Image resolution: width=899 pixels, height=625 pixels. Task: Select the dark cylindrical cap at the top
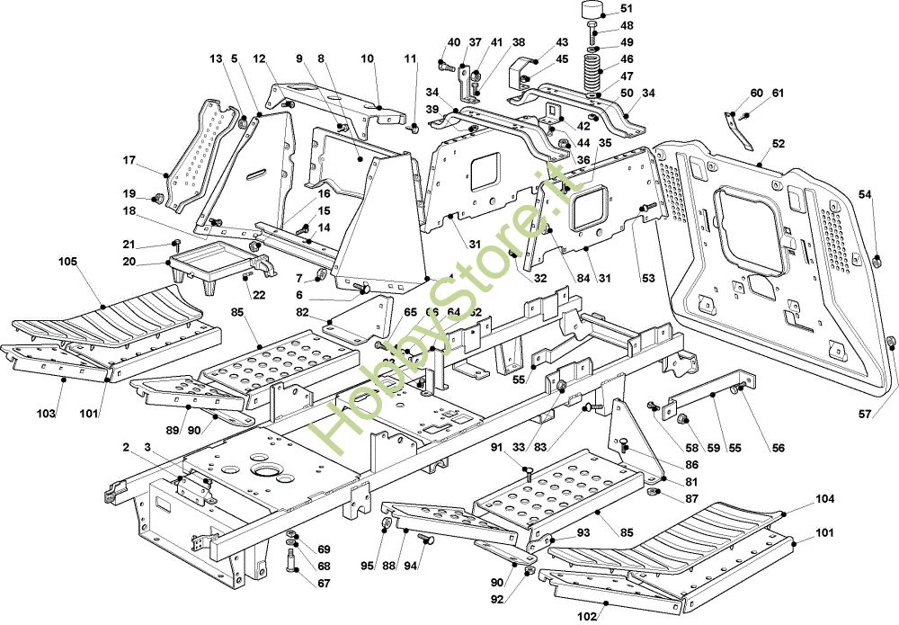pos(590,13)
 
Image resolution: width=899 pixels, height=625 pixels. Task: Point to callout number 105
pos(67,262)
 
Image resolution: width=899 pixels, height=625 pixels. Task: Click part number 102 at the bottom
pos(588,617)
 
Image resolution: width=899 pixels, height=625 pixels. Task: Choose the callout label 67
pos(324,583)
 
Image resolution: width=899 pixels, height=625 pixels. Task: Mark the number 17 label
pos(129,161)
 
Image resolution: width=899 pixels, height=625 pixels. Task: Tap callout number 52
pos(778,143)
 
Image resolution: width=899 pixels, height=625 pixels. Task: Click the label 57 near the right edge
pos(865,415)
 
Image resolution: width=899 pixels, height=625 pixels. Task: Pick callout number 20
pos(129,262)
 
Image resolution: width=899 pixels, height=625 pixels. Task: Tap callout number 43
pos(562,42)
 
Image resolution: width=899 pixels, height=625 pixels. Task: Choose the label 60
pos(756,94)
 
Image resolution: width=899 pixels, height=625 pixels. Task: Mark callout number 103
pos(48,414)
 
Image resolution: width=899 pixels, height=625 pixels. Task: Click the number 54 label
pos(865,194)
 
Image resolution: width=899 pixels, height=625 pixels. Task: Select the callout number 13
pos(216,58)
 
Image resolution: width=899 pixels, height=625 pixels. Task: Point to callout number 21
pos(129,245)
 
